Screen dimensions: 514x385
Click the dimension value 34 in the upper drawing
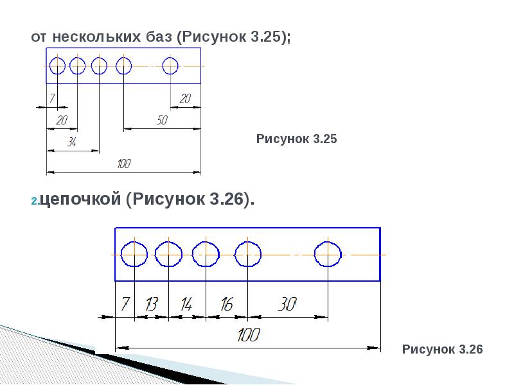[72, 142]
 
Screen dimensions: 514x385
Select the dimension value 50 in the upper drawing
[162, 120]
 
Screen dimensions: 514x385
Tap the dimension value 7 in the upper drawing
[52, 98]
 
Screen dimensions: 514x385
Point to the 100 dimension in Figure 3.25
[124, 164]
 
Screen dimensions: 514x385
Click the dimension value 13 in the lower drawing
[152, 304]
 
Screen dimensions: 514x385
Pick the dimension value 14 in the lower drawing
[186, 304]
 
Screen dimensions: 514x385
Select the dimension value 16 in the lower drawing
[227, 304]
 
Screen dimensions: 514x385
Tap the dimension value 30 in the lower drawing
[287, 304]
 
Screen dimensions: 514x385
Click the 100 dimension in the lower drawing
[249, 334]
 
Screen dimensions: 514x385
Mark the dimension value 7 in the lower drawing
[125, 304]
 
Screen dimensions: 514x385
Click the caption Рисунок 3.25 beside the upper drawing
[296, 139]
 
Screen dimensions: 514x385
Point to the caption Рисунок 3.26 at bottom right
[442, 349]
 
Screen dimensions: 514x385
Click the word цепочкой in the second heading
[80, 200]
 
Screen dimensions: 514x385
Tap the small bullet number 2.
[35, 201]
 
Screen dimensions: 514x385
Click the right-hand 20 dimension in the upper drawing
[185, 98]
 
